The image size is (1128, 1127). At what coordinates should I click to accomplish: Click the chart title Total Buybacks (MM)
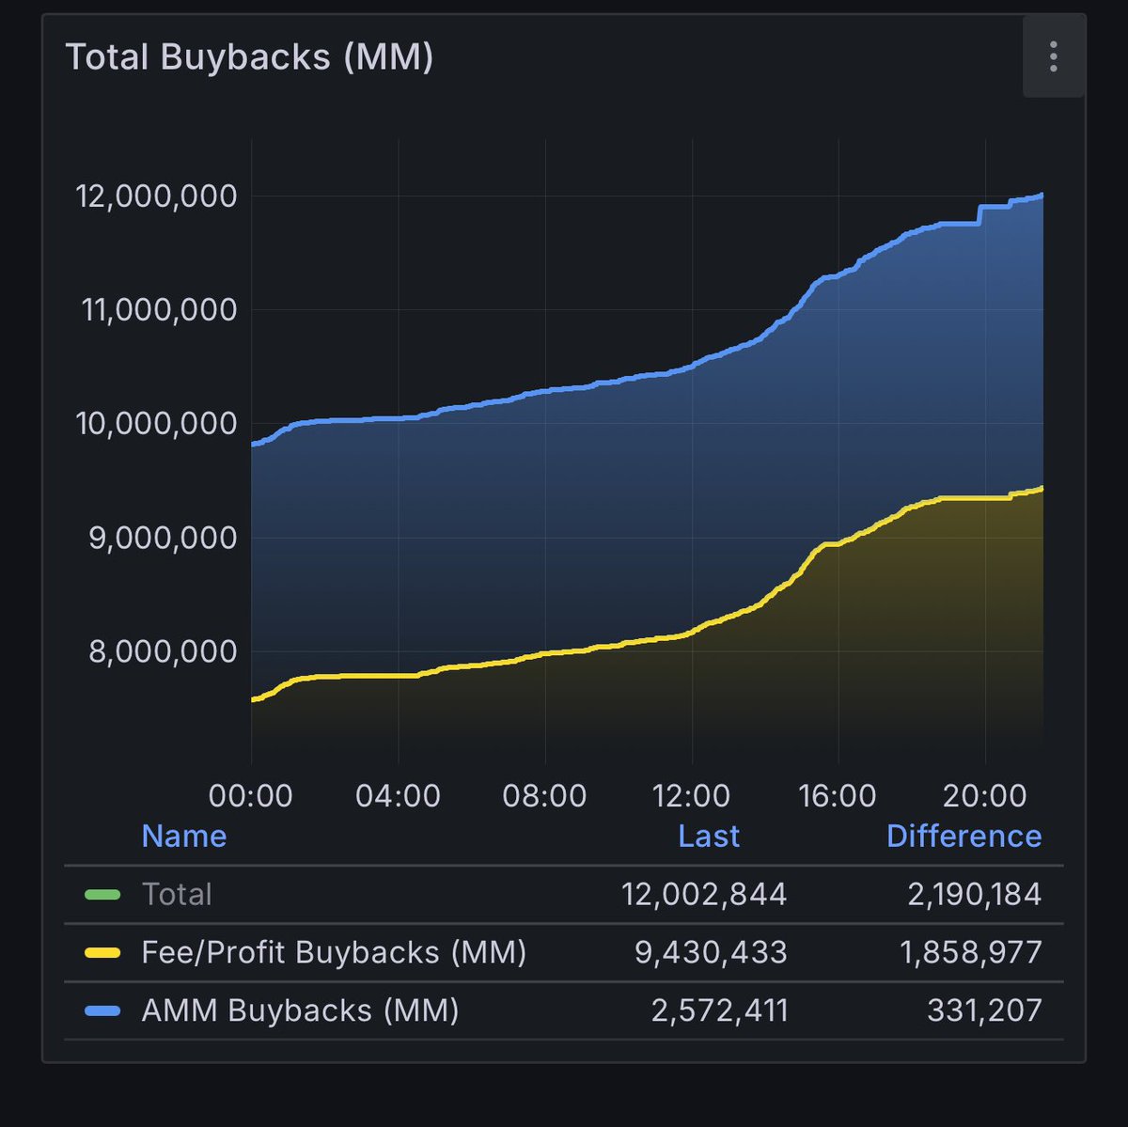249,57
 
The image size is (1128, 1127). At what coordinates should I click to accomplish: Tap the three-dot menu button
1053,56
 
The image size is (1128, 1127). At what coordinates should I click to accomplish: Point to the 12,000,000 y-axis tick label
156,196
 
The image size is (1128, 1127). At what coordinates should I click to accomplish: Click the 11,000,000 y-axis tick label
159,310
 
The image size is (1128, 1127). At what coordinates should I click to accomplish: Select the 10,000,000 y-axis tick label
156,424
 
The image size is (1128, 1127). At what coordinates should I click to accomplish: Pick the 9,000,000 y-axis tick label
162,538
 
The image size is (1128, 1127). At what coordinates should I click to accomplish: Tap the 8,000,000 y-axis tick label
162,651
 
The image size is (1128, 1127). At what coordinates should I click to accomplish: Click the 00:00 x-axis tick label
250,796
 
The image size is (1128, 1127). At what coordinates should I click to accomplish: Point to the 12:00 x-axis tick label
691,796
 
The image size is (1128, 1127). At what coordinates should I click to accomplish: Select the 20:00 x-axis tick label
984,796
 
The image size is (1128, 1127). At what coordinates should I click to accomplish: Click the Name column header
183,836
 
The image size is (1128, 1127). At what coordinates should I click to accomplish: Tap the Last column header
709,836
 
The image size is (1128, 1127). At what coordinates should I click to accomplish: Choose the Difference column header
963,836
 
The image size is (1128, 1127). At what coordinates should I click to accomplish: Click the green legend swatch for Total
102,894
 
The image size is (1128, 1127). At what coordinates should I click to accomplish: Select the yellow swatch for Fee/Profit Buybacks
102,952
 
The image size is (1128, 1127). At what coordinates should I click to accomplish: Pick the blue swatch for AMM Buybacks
102,1010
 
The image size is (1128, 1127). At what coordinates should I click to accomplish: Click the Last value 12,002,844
704,894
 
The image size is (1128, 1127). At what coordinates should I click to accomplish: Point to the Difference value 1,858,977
971,952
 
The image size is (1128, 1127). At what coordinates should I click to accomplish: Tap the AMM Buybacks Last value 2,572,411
719,1010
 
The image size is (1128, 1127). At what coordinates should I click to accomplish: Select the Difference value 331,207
984,1010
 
